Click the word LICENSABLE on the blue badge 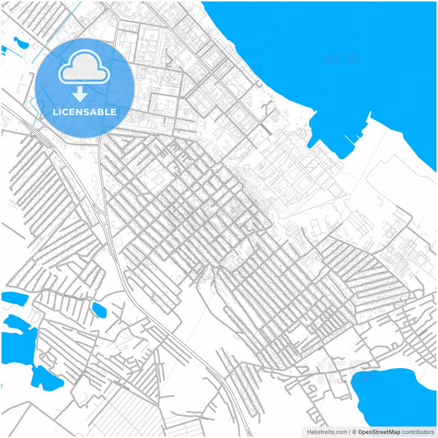(84, 112)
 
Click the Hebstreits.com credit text (327, 431)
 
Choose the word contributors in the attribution (419, 431)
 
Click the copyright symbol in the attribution (354, 431)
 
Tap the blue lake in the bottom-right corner (394, 394)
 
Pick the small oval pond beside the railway (99, 310)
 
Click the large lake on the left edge (16, 341)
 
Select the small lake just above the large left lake (15, 297)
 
